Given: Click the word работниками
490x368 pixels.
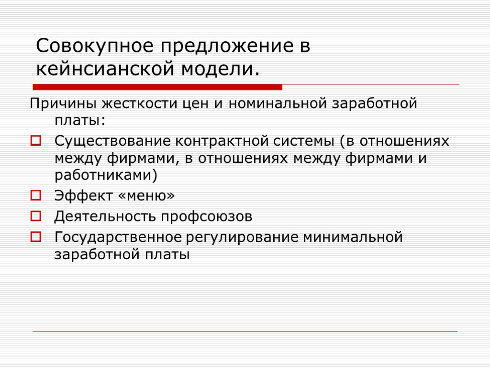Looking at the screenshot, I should (106, 175).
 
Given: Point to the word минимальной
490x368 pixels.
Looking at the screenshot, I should (354, 237).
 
